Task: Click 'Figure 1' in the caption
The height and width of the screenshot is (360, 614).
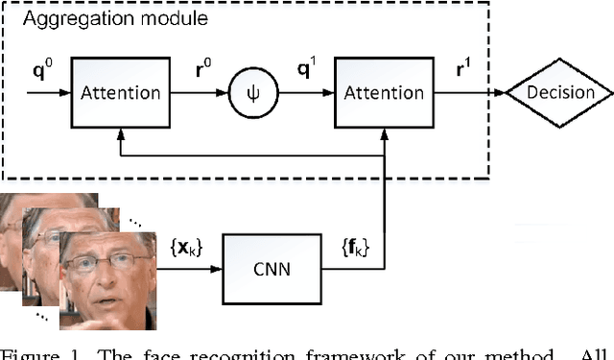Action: (x=35, y=351)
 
